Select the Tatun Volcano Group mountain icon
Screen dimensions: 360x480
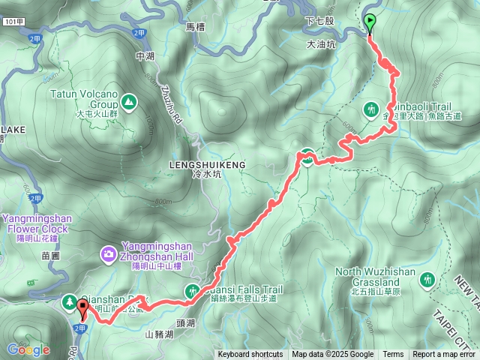[x=129, y=100]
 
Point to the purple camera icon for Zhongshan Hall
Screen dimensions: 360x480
[x=109, y=256]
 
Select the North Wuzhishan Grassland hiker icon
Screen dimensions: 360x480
[x=427, y=278]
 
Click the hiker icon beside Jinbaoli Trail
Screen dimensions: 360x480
[x=370, y=110]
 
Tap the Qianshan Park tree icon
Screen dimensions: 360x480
[x=69, y=301]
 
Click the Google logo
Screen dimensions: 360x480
[x=28, y=349]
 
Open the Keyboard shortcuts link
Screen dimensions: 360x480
[x=250, y=355]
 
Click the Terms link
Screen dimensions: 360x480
[x=393, y=355]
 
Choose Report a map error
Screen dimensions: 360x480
[x=445, y=355]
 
